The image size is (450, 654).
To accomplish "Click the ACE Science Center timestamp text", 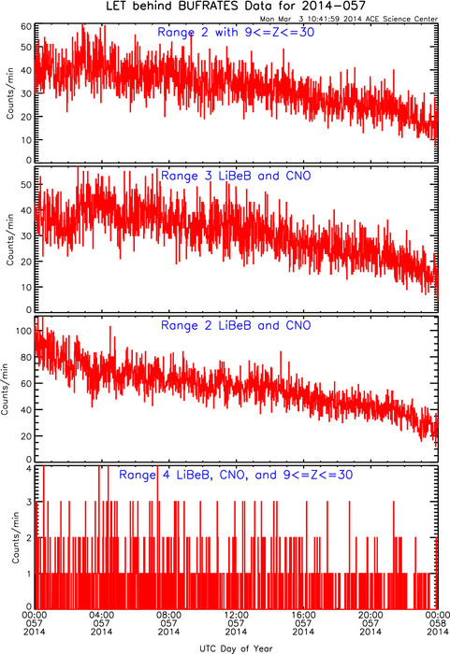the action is (x=348, y=19).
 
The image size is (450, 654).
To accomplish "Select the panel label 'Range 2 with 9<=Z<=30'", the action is (x=236, y=32).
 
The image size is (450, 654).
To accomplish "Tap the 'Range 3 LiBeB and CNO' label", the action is (x=236, y=176).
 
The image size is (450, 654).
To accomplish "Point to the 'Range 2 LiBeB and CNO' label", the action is (x=236, y=325).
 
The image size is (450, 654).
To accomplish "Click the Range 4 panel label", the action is (x=236, y=475).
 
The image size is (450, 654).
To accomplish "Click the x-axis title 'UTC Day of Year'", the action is (x=236, y=648).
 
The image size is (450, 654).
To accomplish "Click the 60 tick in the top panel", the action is (x=26, y=27).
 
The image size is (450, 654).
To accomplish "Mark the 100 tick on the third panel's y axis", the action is (x=24, y=331).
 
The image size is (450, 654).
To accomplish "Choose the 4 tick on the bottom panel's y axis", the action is (x=29, y=468).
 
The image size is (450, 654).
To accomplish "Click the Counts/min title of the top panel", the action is (x=10, y=93).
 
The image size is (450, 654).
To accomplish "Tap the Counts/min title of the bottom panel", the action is (x=16, y=537).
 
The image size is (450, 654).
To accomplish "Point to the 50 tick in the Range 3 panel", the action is (x=26, y=185).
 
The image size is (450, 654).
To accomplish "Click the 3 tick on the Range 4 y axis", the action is (x=29, y=502).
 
